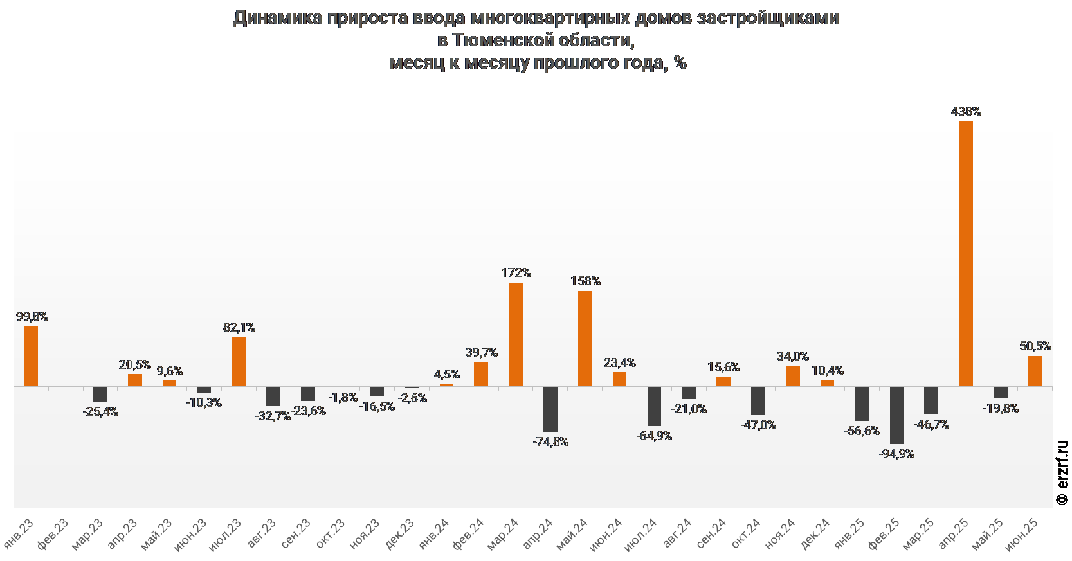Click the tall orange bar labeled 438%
tap(965, 254)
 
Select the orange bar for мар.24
tap(516, 334)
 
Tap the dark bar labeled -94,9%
tap(896, 415)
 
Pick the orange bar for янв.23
tap(31, 356)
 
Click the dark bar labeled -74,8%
tap(550, 409)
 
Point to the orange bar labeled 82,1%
tap(239, 361)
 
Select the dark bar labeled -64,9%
tap(654, 406)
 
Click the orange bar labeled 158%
tap(585, 339)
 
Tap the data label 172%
tap(516, 273)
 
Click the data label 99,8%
tap(32, 316)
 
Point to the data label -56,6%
tap(862, 431)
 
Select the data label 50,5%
tap(1035, 346)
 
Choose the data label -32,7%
tap(273, 416)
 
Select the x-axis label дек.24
tap(816, 534)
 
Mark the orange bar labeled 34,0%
tap(793, 376)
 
